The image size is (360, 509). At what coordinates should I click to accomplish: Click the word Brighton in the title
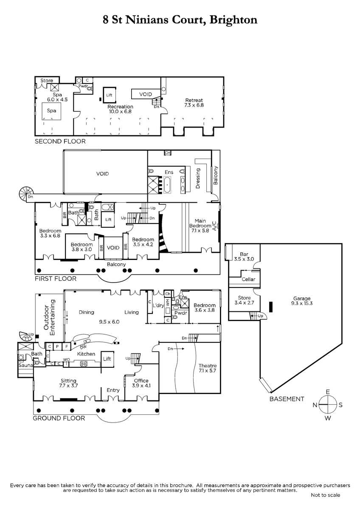pos(233,20)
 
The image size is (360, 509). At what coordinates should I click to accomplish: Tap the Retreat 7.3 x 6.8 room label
pos(194,103)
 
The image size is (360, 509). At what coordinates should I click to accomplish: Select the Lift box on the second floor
pos(110,95)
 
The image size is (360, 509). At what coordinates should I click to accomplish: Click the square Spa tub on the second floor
pos(51,111)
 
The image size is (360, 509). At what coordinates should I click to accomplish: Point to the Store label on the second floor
pos(47,81)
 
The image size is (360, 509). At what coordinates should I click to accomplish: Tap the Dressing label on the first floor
pos(198,178)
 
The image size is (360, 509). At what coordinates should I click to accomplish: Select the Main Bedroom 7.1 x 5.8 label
pos(200,226)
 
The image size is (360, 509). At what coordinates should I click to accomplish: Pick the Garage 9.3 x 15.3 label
pos(302,301)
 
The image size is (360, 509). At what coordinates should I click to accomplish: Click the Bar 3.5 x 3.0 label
pos(244,257)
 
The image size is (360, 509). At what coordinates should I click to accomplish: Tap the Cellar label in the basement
pos(248,279)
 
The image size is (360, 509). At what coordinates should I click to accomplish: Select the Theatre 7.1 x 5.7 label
pos(208,368)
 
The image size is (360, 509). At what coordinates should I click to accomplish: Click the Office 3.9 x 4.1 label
pos(141,383)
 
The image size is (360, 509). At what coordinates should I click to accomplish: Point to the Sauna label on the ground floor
pos(26,365)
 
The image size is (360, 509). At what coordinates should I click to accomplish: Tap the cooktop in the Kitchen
pos(84,364)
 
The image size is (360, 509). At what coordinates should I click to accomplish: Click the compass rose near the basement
pos(327,405)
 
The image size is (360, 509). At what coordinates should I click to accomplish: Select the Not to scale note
pos(326,495)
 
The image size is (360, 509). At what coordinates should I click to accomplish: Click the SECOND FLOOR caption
pos(60,141)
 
